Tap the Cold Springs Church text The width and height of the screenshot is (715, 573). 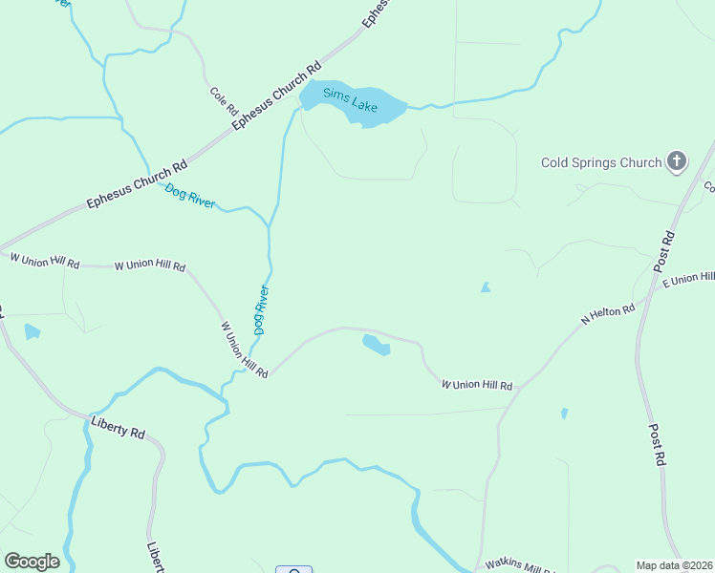pos(601,162)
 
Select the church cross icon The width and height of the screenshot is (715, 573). pos(677,160)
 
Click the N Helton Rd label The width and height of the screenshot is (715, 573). pos(609,315)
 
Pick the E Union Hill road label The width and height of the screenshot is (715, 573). pos(687,279)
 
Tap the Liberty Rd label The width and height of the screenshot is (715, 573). pos(117,427)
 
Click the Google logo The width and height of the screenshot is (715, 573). pos(32,562)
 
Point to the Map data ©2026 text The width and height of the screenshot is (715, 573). pos(673,565)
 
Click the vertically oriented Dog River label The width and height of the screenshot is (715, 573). pos(261,309)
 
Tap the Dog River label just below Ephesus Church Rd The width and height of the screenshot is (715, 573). pos(190,196)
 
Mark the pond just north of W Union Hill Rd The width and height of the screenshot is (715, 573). pos(376,344)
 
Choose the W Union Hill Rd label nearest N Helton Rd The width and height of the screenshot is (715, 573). pos(477,385)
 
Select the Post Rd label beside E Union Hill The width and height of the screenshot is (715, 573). pos(667,251)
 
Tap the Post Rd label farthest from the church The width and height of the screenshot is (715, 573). pos(657,445)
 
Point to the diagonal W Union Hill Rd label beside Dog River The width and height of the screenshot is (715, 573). pos(244,349)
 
